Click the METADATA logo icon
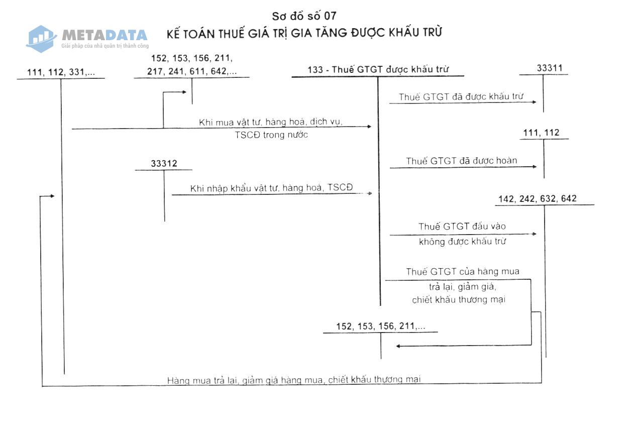click(x=42, y=38)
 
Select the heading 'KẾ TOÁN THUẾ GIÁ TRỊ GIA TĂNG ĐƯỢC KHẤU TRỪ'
click(x=304, y=33)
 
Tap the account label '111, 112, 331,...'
click(x=61, y=72)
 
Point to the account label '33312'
click(x=164, y=164)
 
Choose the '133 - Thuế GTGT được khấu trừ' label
click(x=378, y=70)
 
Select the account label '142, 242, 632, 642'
click(x=537, y=199)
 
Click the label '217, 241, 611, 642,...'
click(x=191, y=71)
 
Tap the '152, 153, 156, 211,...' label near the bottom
click(x=380, y=326)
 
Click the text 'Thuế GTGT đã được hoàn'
click(x=461, y=161)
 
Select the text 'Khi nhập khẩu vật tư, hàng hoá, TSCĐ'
click(x=271, y=188)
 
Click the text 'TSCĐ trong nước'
click(x=271, y=135)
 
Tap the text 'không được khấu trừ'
click(x=462, y=241)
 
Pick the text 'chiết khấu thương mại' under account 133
click(x=459, y=300)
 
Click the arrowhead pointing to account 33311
click(x=535, y=102)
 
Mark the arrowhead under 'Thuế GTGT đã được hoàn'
click(x=535, y=167)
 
